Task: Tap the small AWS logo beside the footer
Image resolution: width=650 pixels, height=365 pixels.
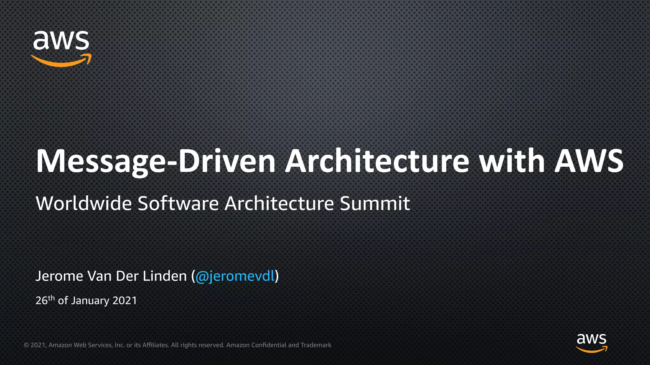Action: (591, 342)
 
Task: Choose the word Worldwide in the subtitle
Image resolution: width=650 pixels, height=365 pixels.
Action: (84, 203)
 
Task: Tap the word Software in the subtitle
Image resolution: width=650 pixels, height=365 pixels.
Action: (178, 203)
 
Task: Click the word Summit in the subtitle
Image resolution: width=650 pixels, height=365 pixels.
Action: (375, 203)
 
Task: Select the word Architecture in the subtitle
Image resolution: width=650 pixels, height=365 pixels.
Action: (279, 203)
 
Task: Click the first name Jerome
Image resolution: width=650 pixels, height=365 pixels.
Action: (59, 276)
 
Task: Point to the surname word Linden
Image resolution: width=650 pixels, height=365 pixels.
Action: (164, 276)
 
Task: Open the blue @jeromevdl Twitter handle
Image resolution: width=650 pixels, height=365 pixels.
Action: (235, 276)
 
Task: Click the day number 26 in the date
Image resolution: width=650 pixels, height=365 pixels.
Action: (41, 300)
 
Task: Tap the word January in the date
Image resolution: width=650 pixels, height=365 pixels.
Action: (90, 301)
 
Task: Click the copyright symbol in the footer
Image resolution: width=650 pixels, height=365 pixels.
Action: (26, 345)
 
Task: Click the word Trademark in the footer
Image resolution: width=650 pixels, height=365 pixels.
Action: (316, 345)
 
